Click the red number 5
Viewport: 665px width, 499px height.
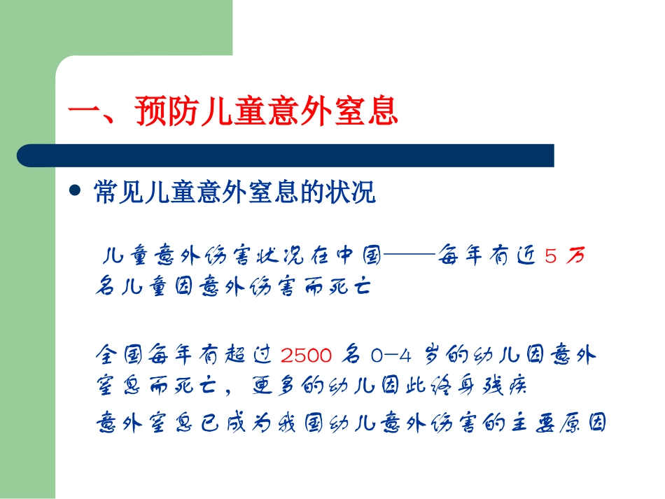tap(551, 257)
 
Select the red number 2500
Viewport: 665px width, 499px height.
tap(306, 356)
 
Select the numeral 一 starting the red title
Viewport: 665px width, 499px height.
tap(85, 112)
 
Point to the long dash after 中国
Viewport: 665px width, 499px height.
tap(408, 257)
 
